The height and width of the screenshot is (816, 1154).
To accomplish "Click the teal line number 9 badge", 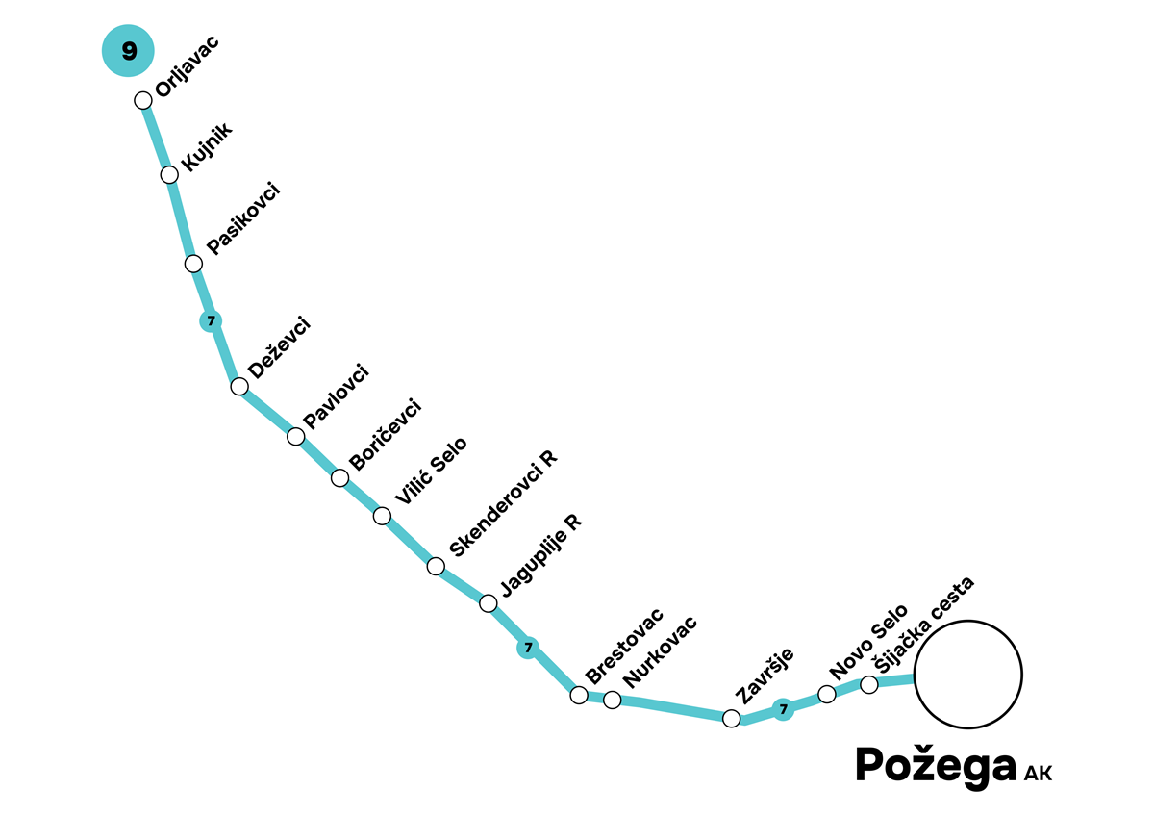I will pos(129,52).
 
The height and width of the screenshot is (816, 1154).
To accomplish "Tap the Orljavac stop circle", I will pos(143,100).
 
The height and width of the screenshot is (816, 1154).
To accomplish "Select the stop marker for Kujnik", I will pos(169,174).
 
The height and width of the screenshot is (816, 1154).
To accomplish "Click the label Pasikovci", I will pos(242,217).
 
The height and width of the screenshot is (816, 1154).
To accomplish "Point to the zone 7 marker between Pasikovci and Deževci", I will pos(211,320).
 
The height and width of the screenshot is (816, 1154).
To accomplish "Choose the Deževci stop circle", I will pos(239,387).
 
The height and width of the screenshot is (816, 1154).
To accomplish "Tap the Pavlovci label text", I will pos(336,395).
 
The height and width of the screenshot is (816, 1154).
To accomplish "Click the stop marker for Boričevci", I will pos(339,477).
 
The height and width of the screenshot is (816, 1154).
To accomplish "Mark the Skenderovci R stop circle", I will pos(436,566).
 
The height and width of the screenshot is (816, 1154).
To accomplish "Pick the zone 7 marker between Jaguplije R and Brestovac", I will pos(527,648).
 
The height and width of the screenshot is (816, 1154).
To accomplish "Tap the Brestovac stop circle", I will pos(579,695).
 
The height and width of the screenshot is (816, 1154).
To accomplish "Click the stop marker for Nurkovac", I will pos(612,700).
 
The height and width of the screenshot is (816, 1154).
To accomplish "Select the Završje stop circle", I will pos(732,718).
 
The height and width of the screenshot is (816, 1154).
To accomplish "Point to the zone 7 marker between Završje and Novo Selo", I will pos(784,710).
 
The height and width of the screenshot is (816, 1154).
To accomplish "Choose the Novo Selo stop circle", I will pos(826,694).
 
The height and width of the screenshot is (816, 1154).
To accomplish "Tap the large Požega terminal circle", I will pos(967,674).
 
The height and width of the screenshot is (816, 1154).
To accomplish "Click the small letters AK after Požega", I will pos(1038,773).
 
